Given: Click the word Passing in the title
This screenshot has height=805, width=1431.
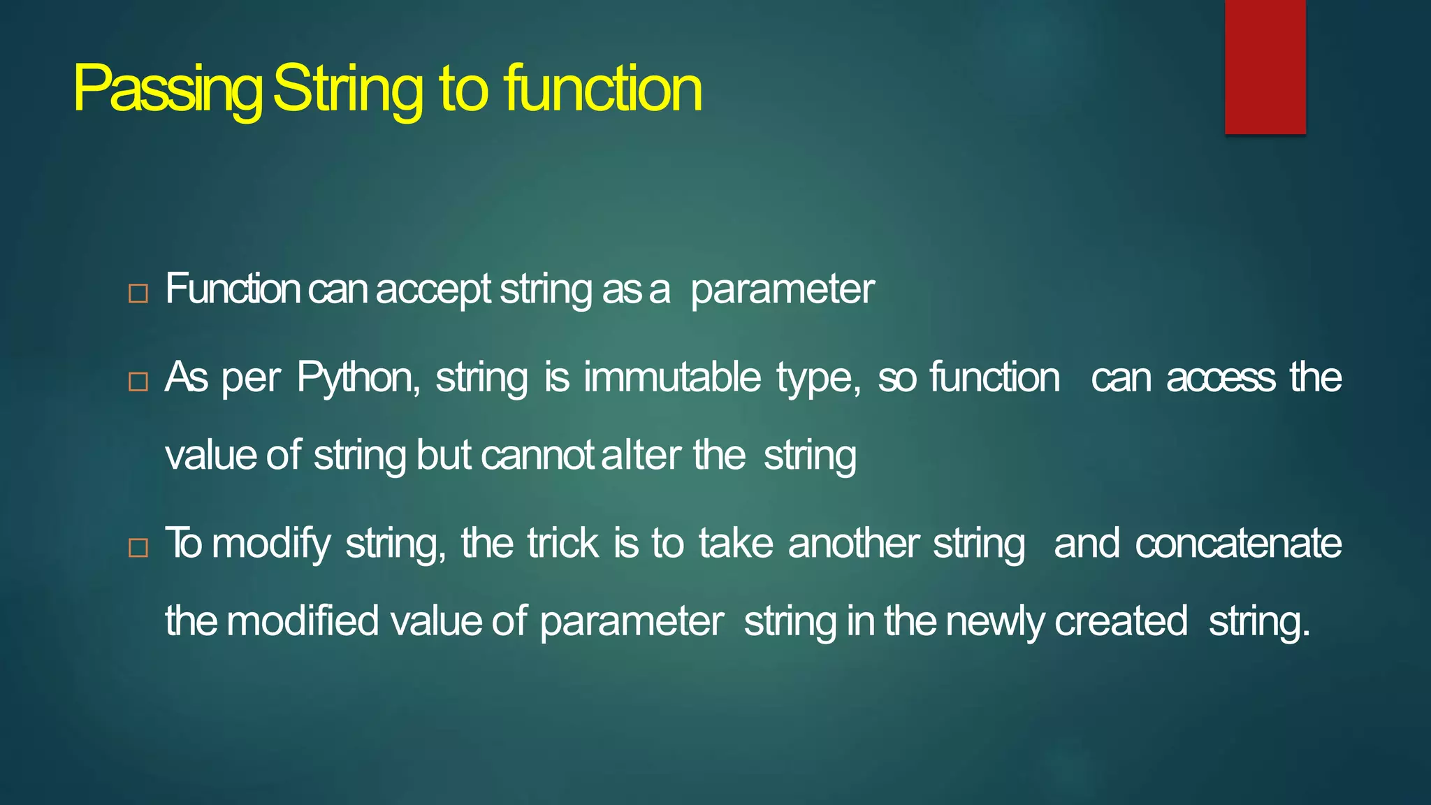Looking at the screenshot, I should tap(168, 89).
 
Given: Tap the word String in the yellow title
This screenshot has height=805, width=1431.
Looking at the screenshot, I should tap(347, 89).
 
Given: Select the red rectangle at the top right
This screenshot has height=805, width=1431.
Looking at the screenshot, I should tap(1265, 66).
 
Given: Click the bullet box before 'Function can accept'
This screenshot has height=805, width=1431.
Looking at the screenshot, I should tap(138, 293).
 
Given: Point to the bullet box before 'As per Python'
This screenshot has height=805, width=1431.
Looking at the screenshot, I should tap(138, 382).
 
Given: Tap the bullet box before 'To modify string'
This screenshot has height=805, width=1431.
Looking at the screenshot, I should tap(138, 548).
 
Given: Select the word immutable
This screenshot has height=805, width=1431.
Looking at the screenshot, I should tap(671, 377).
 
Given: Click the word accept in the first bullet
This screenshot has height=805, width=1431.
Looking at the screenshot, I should tap(433, 289).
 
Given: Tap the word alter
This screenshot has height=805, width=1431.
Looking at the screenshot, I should tap(641, 456).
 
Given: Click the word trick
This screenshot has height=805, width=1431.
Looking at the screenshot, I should tap(562, 543).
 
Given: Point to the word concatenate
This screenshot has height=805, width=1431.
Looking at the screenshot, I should tap(1237, 544).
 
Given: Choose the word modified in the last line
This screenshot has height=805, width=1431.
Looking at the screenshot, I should tap(303, 621).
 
